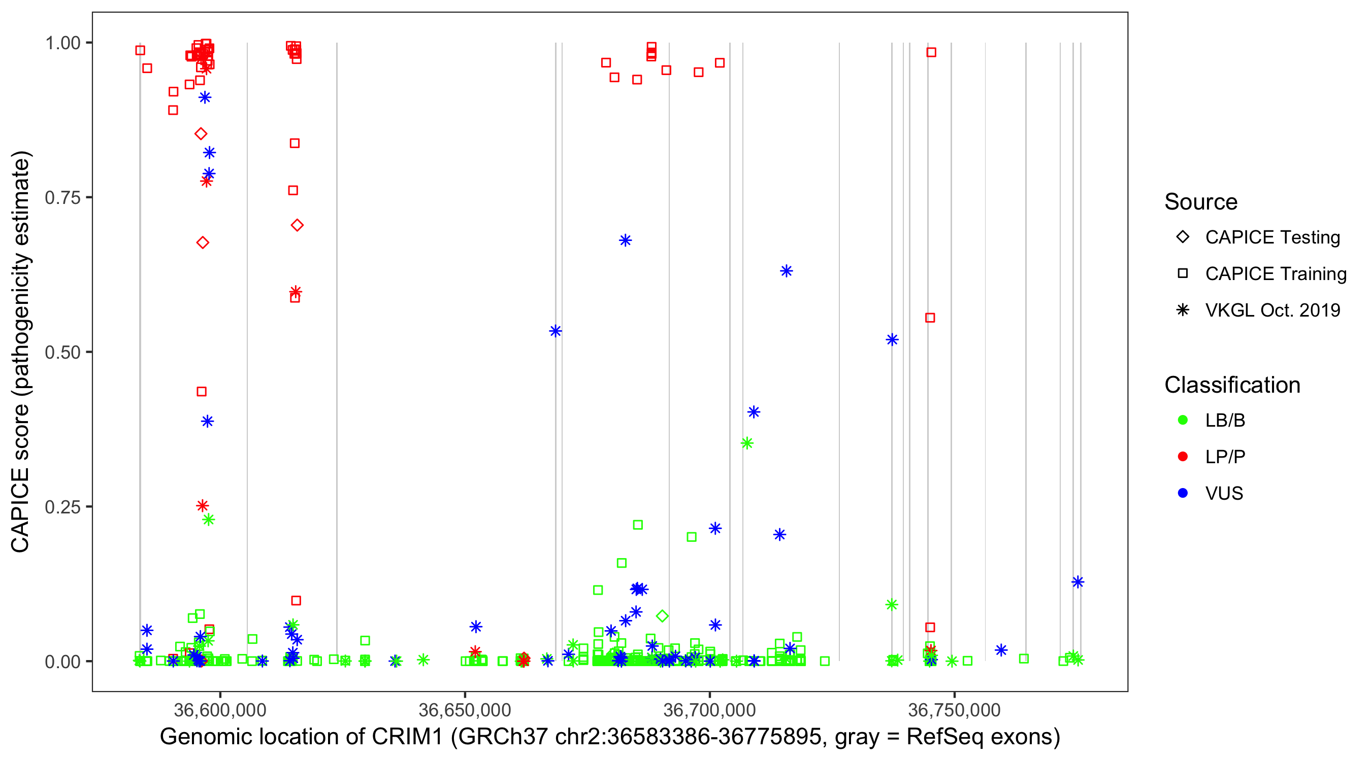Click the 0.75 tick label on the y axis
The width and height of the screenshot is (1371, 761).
click(62, 198)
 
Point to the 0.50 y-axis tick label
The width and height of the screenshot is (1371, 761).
click(62, 353)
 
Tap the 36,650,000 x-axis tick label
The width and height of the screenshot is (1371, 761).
click(465, 710)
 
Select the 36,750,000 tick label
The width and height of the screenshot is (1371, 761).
click(954, 710)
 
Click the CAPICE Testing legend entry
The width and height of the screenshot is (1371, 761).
click(1272, 237)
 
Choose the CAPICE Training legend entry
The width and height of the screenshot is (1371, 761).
click(1275, 274)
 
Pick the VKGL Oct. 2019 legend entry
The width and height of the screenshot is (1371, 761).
click(1272, 310)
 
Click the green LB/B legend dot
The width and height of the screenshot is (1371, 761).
click(1183, 420)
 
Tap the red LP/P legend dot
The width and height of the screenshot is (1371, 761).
click(1183, 457)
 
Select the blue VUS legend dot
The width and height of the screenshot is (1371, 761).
click(1183, 494)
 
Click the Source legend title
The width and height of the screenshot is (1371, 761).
click(1201, 202)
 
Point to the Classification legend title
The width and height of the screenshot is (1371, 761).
click(1232, 385)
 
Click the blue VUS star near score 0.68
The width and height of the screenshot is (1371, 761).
click(626, 240)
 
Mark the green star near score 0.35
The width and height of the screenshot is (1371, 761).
click(747, 443)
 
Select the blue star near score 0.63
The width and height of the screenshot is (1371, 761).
click(786, 271)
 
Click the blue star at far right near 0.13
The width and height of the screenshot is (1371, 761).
click(1078, 582)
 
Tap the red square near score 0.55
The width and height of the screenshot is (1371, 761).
click(930, 318)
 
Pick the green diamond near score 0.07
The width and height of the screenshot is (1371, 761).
click(662, 616)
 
